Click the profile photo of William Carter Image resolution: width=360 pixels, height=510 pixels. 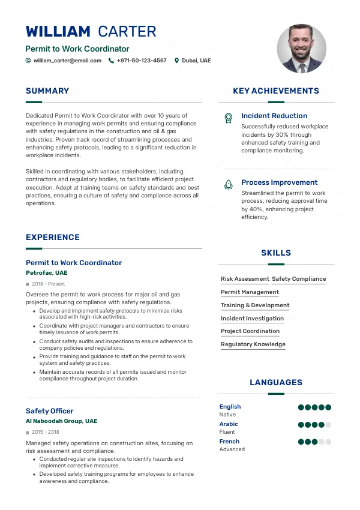[x=301, y=49]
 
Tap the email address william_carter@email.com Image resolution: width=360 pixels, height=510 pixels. [x=67, y=61]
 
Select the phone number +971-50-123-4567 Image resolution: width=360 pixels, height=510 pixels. [x=142, y=61]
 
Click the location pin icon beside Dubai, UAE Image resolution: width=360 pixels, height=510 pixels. [x=176, y=61]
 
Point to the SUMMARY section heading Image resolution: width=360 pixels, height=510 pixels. [x=47, y=91]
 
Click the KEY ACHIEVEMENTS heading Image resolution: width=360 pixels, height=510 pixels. [x=276, y=91]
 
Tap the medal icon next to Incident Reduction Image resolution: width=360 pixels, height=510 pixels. [x=228, y=118]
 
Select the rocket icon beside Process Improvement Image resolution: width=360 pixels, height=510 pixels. [x=228, y=185]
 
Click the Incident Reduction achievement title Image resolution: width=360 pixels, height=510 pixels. [x=274, y=116]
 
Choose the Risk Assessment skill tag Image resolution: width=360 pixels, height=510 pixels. [x=245, y=279]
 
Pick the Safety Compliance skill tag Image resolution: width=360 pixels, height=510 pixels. [x=299, y=279]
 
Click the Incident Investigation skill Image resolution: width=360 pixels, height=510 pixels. [x=252, y=319]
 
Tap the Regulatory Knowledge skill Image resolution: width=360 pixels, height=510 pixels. [x=253, y=344]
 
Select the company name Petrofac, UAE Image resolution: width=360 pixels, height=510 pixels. [x=47, y=273]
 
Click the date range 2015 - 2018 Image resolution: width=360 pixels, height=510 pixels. [x=46, y=432]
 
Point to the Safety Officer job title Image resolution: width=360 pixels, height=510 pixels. [x=50, y=411]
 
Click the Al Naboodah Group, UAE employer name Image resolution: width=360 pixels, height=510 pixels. [x=61, y=421]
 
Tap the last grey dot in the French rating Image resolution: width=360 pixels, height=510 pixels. [x=328, y=442]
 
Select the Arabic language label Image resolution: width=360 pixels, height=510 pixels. [x=229, y=424]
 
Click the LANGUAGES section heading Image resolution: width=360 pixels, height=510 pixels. [x=276, y=383]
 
